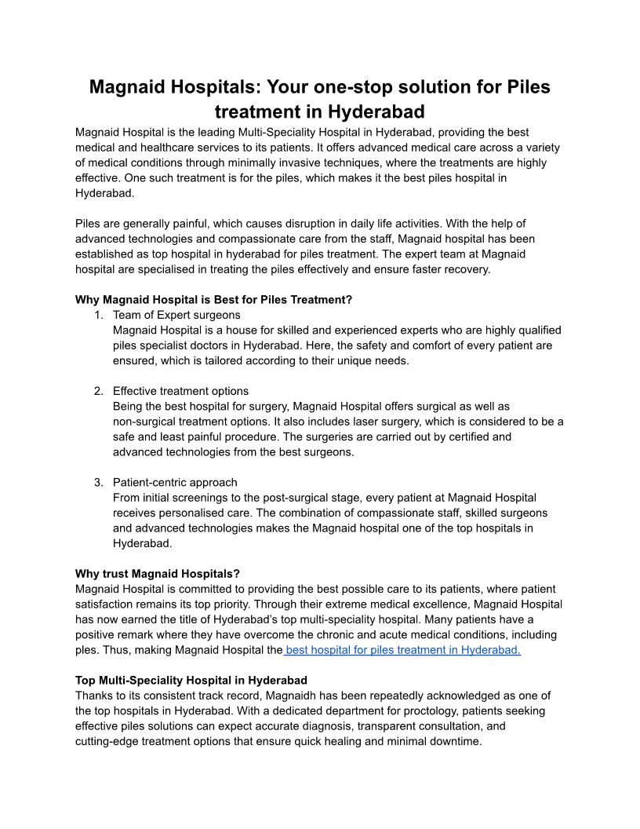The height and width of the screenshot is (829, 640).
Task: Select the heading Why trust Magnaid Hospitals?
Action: tap(157, 574)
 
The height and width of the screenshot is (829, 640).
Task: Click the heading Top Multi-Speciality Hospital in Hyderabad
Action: tap(191, 680)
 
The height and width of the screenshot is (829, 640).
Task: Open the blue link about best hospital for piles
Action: tap(403, 650)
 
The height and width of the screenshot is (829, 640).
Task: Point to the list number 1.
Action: tap(98, 315)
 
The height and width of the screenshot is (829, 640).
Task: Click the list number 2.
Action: tap(98, 391)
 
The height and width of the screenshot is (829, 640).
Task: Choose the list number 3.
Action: tap(98, 482)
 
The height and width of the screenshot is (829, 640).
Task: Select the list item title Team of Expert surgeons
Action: tap(176, 315)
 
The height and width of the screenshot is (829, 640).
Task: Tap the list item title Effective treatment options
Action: tap(180, 391)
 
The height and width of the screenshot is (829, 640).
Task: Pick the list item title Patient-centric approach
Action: tap(175, 482)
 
